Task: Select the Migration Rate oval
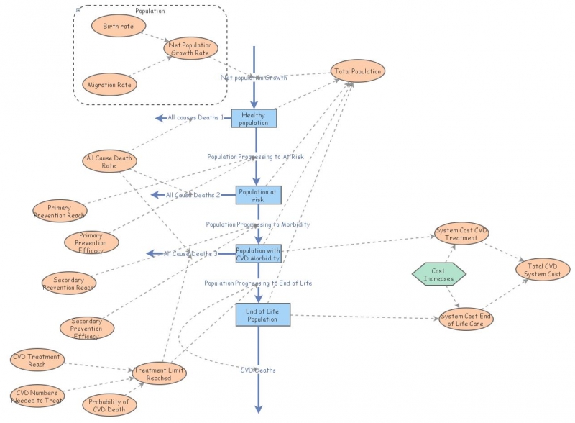pos(109,85)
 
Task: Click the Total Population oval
pos(357,71)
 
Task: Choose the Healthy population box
pos(254,119)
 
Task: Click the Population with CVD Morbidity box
pos(259,253)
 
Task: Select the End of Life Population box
pos(262,314)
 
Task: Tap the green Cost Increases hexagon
pos(438,274)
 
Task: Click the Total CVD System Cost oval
pos(543,270)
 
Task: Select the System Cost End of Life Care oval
pos(466,319)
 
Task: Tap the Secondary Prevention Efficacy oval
pos(86,328)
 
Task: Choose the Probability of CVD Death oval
pos(109,406)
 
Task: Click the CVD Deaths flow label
pos(257,370)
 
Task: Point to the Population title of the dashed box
pos(149,12)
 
